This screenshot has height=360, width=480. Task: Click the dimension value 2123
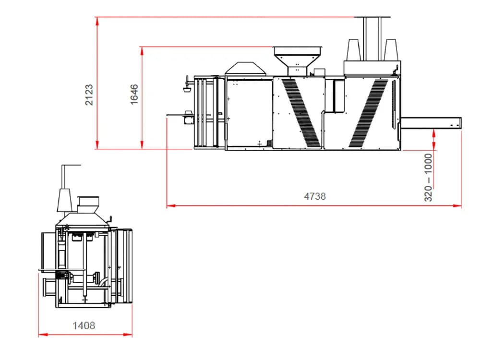tap(89, 95)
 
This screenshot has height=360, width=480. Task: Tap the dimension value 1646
tap(134, 95)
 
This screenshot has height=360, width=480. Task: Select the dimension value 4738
tap(315, 196)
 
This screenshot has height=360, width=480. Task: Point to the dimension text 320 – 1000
tap(428, 178)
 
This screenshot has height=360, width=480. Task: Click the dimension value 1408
tap(84, 325)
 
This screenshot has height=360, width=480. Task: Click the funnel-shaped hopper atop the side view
tap(297, 60)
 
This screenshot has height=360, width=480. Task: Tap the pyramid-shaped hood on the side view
tap(245, 68)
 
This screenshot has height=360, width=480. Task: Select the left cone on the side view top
tap(353, 50)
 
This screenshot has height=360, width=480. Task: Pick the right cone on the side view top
tap(391, 50)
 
